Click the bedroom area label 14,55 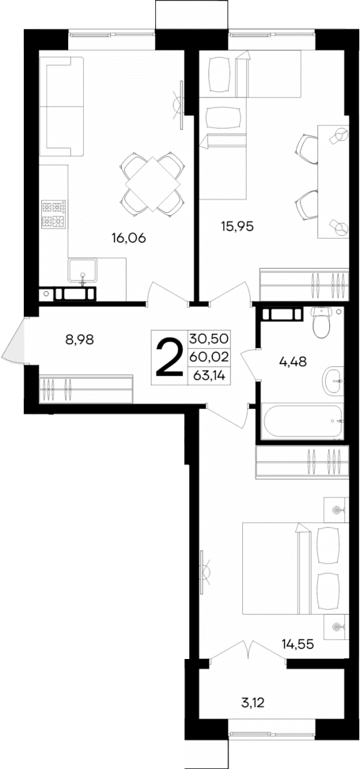tap(297, 643)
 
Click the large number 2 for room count tap(168, 358)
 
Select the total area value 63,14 tap(208, 375)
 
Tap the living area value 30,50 tap(209, 338)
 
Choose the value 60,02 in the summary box tap(209, 357)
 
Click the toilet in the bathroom tap(322, 322)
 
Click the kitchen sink tap(82, 274)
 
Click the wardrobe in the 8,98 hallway tap(85, 388)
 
